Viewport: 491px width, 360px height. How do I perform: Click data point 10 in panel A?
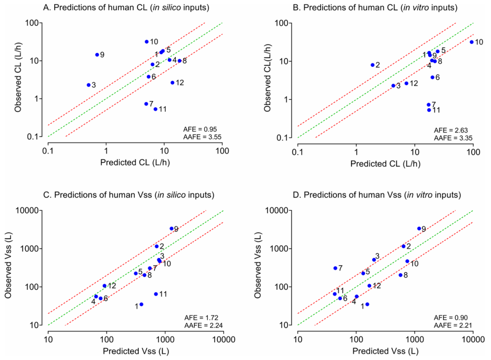tap(147, 42)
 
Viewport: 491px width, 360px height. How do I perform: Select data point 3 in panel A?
tap(88, 85)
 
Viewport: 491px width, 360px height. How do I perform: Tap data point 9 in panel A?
tap(97, 55)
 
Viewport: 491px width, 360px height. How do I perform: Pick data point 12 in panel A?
tap(172, 83)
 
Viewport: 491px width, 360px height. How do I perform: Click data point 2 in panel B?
tap(372, 65)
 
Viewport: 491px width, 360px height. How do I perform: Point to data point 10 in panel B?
tap(472, 42)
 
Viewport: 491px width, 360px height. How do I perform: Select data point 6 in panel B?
tap(432, 77)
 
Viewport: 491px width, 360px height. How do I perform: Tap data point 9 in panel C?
tap(171, 229)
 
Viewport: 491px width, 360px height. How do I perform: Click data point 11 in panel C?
tap(156, 294)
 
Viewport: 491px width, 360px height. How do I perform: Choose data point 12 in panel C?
tap(104, 286)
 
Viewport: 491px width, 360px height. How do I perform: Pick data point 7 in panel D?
tap(336, 268)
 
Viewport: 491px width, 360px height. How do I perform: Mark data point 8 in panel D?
tap(400, 275)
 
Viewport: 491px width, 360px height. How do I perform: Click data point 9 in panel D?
tap(419, 229)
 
